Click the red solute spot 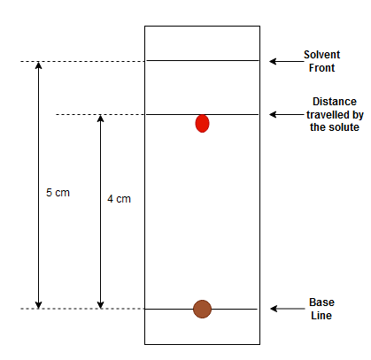coord(202,124)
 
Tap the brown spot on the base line coord(202,309)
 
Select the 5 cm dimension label coord(58,193)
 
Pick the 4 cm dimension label coord(119,199)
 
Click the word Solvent coord(322,55)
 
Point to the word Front coord(321,68)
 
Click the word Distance coord(335,102)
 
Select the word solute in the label coord(344,127)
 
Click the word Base coord(321,303)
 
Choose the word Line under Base coord(321,316)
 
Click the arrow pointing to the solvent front coord(287,61)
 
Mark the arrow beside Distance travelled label coord(288,114)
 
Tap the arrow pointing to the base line coord(288,309)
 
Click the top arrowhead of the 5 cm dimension coord(38,65)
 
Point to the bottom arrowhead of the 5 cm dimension coord(38,305)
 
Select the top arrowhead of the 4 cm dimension coord(101,119)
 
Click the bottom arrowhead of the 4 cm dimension coord(101,305)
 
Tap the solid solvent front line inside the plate coord(203,61)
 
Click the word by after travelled coord(358,115)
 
